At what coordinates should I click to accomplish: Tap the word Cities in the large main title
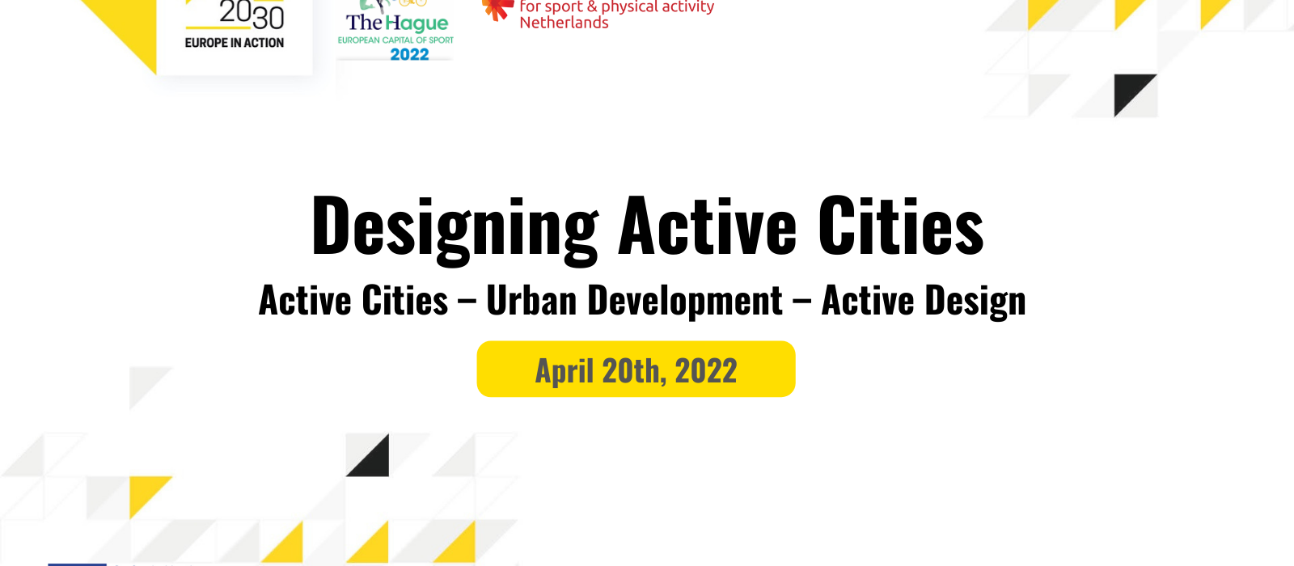pyautogui.click(x=901, y=226)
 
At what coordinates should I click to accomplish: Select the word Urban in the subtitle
pyautogui.click(x=531, y=300)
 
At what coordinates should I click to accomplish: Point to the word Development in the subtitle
pyautogui.click(x=684, y=301)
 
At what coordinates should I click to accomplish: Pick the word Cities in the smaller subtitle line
pyautogui.click(x=405, y=300)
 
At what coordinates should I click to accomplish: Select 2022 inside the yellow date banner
pyautogui.click(x=706, y=370)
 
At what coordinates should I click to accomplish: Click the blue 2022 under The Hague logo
pyautogui.click(x=409, y=54)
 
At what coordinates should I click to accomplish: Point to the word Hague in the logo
pyautogui.click(x=417, y=23)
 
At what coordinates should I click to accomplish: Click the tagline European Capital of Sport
pyautogui.click(x=395, y=40)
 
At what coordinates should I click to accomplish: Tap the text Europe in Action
pyautogui.click(x=234, y=43)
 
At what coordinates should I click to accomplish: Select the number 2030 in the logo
pyautogui.click(x=252, y=15)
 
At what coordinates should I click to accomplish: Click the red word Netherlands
pyautogui.click(x=564, y=23)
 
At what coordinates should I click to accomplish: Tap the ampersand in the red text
pyautogui.click(x=592, y=6)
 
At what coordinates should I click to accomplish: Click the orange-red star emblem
pyautogui.click(x=498, y=9)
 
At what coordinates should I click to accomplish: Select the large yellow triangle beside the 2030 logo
pyautogui.click(x=132, y=26)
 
